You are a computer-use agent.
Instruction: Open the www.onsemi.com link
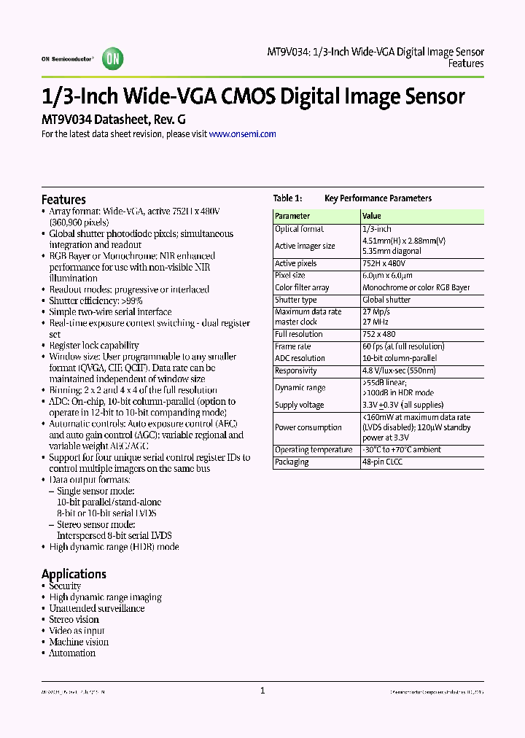242,134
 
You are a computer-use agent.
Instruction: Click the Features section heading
63,200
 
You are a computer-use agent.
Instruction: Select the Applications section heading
74,574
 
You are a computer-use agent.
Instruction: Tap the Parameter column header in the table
292,216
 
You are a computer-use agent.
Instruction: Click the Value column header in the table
372,216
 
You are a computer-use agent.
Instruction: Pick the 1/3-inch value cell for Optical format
377,229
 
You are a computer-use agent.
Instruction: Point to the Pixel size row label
290,276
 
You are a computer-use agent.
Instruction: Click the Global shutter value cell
386,300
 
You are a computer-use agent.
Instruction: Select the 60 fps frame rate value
403,346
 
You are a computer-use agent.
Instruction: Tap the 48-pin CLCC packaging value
382,462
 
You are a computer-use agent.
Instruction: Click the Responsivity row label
296,371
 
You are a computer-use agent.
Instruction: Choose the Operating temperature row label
314,450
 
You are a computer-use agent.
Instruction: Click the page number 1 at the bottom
262,691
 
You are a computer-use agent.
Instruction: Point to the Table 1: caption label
287,198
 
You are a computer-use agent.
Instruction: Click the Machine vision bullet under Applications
79,642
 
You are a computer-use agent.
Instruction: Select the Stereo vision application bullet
74,619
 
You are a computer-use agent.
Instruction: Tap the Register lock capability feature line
94,346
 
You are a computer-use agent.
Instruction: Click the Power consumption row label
308,427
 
